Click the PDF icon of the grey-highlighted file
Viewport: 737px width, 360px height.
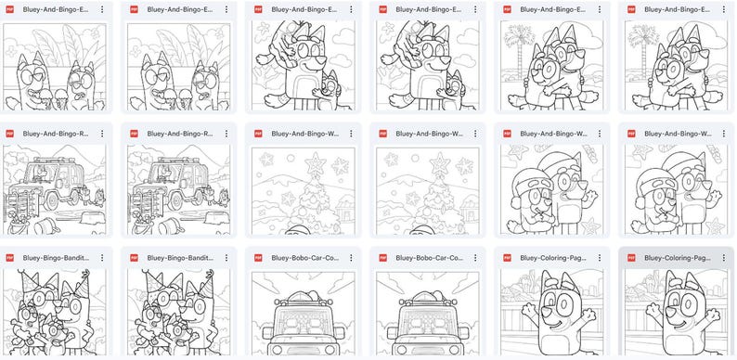[632, 258]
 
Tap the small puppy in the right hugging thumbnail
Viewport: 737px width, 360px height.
[452, 87]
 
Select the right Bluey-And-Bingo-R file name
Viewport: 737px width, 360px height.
[179, 134]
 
